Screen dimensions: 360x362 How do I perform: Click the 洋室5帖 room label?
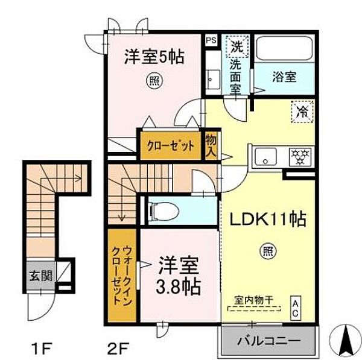coord(154,58)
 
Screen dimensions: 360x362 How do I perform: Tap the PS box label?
coord(211,40)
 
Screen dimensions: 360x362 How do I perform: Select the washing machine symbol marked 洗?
coord(235,46)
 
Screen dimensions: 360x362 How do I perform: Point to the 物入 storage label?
coord(211,145)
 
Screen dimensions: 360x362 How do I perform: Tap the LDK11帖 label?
coord(268,219)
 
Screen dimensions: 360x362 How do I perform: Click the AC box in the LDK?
coord(296,305)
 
